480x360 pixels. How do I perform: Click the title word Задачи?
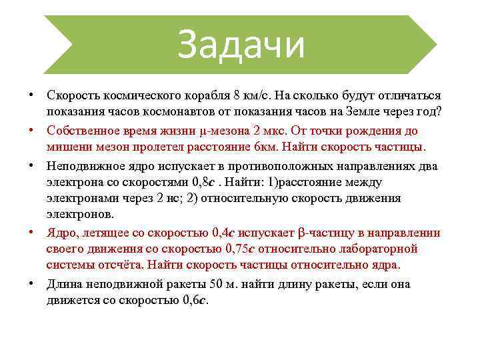click(x=241, y=45)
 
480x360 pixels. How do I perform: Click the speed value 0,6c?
click(x=195, y=301)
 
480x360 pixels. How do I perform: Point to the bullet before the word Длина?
click(x=31, y=283)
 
